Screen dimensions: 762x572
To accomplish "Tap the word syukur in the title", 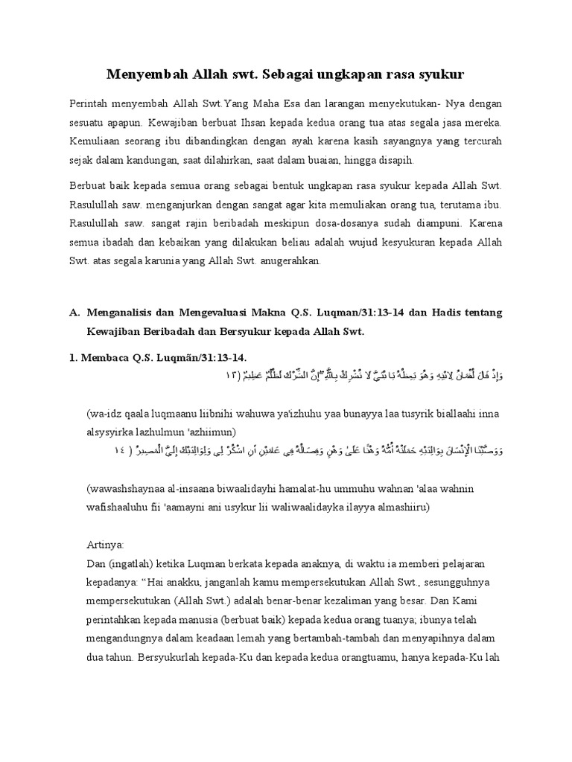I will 442,74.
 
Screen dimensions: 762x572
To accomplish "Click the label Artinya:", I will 107,545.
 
